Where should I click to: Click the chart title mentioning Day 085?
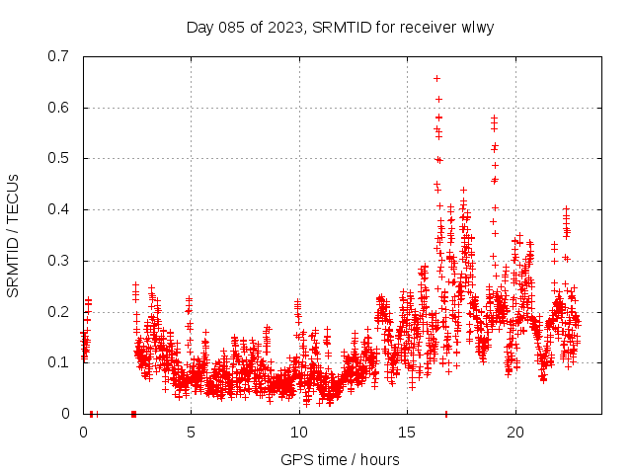pos(340,27)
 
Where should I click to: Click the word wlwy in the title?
pos(476,27)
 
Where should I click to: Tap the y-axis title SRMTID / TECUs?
pos(13,235)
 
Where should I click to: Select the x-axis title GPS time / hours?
pos(340,459)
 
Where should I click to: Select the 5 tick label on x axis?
pos(191,433)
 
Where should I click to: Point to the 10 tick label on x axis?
pos(299,433)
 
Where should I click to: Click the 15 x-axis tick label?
pos(407,433)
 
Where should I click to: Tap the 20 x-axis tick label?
pos(514,433)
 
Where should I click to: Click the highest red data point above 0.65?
pos(436,78)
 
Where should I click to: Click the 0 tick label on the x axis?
pos(83,433)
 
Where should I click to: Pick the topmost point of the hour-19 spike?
pos(494,118)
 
